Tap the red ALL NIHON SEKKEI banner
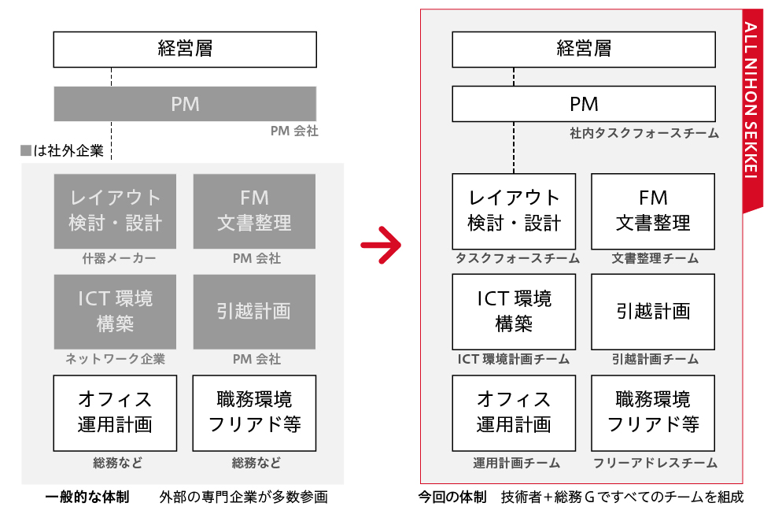point(752,110)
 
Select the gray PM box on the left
point(185,104)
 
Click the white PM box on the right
point(583,104)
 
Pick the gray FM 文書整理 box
point(254,210)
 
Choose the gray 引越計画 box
point(254,311)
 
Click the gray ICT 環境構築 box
point(115,311)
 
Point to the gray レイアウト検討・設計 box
point(115,210)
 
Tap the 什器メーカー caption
point(115,258)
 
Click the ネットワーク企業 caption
point(115,359)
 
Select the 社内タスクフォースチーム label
point(644,134)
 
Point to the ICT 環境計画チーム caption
point(514,359)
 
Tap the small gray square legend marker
point(26,150)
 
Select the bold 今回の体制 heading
point(452,497)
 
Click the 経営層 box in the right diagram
point(583,49)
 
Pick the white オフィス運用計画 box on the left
point(115,412)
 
